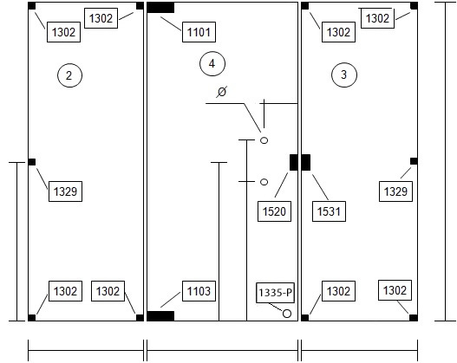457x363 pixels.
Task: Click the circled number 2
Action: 69,75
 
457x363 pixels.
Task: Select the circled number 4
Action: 212,63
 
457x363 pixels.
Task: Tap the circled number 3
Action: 344,75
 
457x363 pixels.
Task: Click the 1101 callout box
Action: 199,32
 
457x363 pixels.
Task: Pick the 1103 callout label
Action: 199,291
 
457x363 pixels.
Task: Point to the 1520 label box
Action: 274,211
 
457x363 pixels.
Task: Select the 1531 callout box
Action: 329,211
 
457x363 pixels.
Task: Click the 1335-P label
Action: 276,293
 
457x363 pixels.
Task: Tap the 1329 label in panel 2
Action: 65,191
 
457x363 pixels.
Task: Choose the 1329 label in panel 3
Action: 395,191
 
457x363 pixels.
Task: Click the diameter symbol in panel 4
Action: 222,92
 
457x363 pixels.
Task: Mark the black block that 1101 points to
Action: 160,8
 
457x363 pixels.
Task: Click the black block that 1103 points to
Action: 160,316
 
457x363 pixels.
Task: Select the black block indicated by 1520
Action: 294,162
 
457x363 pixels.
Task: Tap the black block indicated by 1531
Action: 306,162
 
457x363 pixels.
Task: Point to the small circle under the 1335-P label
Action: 287,314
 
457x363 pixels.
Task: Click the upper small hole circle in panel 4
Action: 264,140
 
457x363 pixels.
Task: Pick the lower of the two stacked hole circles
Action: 264,182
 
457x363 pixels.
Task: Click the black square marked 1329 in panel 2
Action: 32,162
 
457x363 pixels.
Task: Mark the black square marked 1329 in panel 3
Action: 414,161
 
